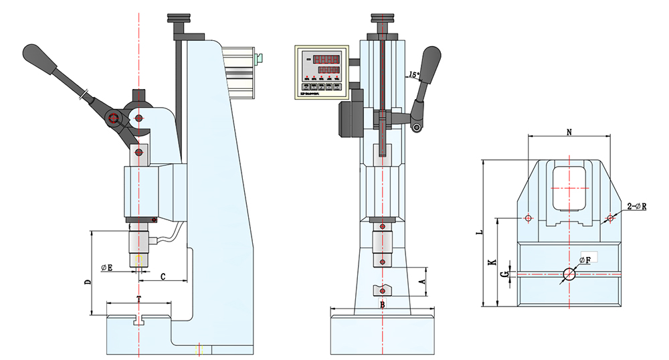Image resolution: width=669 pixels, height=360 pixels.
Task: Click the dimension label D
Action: [87, 282]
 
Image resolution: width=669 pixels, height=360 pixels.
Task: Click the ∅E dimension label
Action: [107, 268]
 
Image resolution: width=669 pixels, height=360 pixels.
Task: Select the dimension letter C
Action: [163, 276]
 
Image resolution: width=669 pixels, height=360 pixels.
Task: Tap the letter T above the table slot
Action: [138, 296]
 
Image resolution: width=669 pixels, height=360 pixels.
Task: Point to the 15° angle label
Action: [413, 74]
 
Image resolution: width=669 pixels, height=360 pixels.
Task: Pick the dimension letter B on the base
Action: [382, 305]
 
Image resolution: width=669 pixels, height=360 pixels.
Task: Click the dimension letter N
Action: [569, 132]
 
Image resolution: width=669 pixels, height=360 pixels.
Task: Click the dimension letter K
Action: [492, 262]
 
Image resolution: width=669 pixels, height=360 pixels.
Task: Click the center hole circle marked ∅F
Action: [569, 274]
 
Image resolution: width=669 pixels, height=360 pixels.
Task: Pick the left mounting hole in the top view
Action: [529, 218]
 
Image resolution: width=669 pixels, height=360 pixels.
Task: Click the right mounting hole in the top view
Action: [609, 218]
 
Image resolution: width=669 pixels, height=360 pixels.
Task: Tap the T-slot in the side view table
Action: [139, 320]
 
